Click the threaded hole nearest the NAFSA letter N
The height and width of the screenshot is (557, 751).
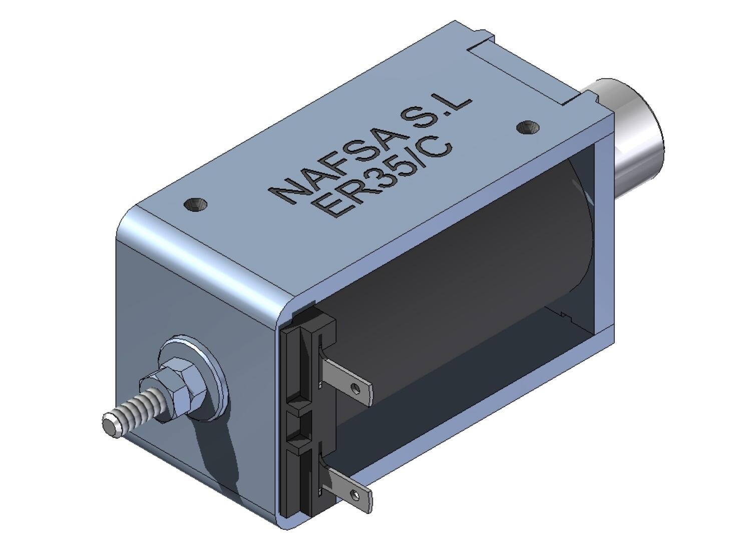[x=195, y=204]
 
